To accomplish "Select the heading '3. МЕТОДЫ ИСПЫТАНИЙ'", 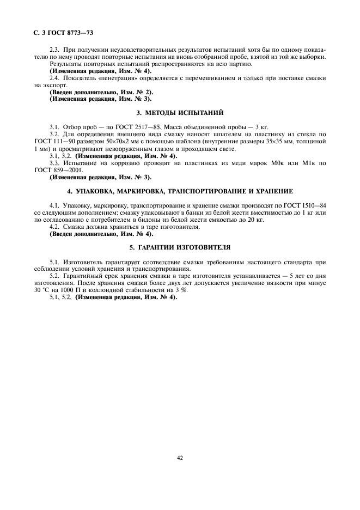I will pos(180,113).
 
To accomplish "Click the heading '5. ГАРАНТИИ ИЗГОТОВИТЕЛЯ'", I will pos(180,247).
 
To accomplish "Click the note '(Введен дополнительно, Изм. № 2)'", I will pos(101,93).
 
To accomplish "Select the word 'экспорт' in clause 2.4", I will pos(52,86).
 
